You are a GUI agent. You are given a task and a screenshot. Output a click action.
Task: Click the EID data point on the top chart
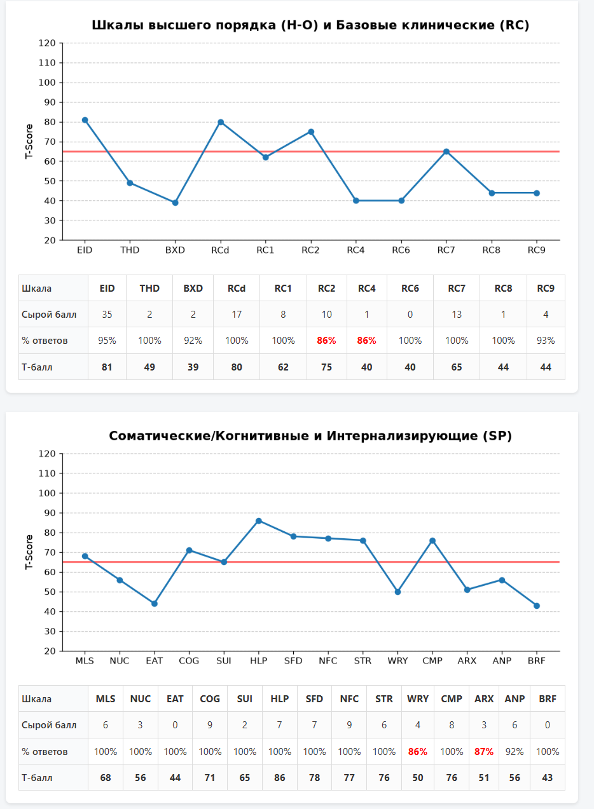click(85, 120)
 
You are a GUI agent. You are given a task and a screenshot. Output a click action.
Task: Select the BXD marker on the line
click(176, 203)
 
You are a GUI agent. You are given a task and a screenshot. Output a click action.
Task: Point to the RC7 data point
click(446, 152)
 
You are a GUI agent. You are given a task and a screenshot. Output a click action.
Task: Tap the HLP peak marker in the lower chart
click(259, 521)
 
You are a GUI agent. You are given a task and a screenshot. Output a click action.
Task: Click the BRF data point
click(537, 606)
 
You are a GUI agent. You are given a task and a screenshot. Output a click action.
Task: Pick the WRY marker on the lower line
click(397, 592)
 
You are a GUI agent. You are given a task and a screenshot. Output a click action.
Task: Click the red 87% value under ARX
click(484, 752)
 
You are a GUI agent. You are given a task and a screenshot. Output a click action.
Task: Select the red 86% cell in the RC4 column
click(366, 341)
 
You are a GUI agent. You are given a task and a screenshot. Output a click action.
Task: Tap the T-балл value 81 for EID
click(107, 367)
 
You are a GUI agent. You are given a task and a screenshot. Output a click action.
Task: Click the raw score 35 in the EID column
click(107, 315)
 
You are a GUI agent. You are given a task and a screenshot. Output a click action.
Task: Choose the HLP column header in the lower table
click(279, 699)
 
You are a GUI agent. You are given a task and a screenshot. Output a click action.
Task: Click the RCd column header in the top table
click(237, 289)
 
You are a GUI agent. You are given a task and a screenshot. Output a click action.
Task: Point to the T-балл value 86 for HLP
click(279, 778)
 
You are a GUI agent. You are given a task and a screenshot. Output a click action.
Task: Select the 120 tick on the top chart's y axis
click(47, 43)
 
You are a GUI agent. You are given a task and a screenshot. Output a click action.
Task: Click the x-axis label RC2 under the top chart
click(310, 250)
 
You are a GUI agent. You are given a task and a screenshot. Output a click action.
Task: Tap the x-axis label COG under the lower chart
click(189, 660)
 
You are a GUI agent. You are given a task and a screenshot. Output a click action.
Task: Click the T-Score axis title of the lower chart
click(29, 552)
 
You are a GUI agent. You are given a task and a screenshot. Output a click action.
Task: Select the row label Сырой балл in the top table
click(49, 315)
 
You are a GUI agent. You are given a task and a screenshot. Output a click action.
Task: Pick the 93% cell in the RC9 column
click(546, 341)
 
